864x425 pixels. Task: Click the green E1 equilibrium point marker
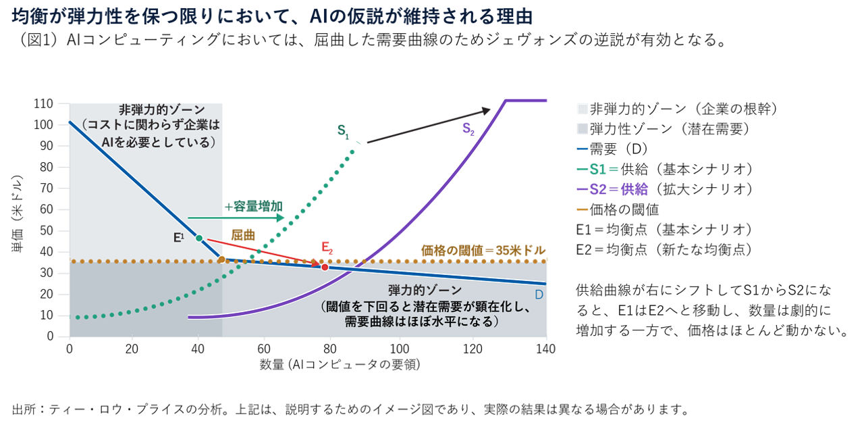point(199,238)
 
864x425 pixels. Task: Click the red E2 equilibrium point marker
point(325,268)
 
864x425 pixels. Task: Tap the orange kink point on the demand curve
point(221,259)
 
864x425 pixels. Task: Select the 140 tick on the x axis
point(545,349)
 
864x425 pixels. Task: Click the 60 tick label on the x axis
point(264,349)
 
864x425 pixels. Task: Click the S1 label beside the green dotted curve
point(344,131)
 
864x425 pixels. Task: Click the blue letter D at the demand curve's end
point(539,295)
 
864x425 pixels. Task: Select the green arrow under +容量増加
point(237,218)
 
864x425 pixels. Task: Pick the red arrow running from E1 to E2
point(263,252)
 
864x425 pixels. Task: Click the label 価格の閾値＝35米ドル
point(483,250)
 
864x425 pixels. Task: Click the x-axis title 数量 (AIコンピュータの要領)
point(340,365)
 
